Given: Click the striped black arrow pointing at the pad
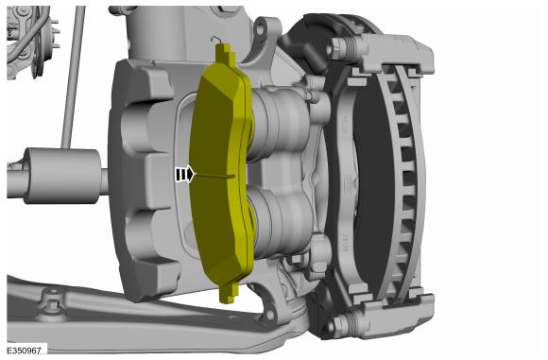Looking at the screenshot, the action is [x=184, y=174].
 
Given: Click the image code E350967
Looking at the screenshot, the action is [x=25, y=351].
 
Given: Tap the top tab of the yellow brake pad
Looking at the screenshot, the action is [x=226, y=53].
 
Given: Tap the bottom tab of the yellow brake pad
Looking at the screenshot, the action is [x=230, y=292].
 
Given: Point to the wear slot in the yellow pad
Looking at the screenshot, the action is [x=214, y=176].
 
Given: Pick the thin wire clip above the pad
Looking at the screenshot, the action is [x=215, y=40].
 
